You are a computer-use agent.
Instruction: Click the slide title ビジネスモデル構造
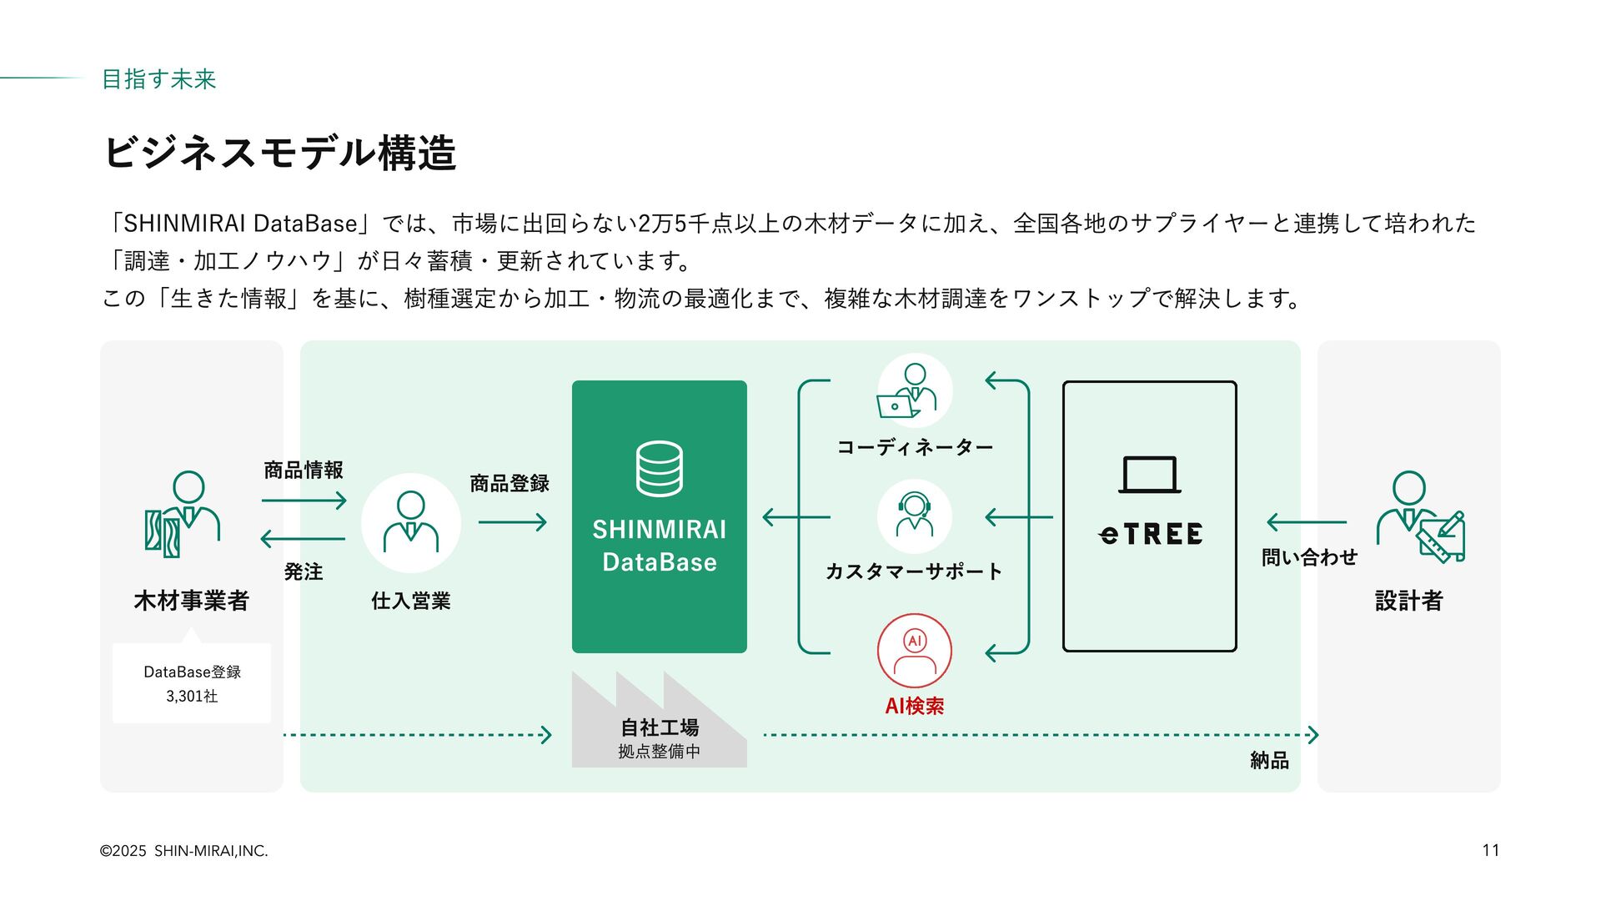coord(280,154)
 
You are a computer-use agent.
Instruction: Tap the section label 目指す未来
coord(158,79)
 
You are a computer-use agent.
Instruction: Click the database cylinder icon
coord(659,469)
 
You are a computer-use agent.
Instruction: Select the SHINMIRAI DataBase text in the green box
coord(659,546)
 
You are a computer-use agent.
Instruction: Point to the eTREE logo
coord(1150,534)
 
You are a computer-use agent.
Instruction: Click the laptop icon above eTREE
coord(1149,475)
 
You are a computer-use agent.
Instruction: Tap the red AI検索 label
coord(914,707)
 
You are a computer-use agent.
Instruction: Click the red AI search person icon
coord(914,652)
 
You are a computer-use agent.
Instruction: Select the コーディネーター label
coord(914,448)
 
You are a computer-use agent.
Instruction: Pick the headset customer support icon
coord(914,516)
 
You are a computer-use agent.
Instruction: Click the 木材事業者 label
coord(191,601)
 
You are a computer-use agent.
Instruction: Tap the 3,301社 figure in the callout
coord(192,696)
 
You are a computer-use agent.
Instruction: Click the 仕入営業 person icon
coord(410,522)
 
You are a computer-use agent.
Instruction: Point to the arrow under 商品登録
coord(512,523)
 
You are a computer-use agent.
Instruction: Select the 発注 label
coord(303,572)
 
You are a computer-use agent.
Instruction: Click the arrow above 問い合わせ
coord(1306,523)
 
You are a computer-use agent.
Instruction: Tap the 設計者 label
coord(1408,601)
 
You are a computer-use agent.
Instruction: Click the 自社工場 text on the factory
coord(659,727)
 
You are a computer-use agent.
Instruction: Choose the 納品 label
coord(1269,761)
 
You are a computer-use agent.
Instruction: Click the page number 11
coord(1490,851)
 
